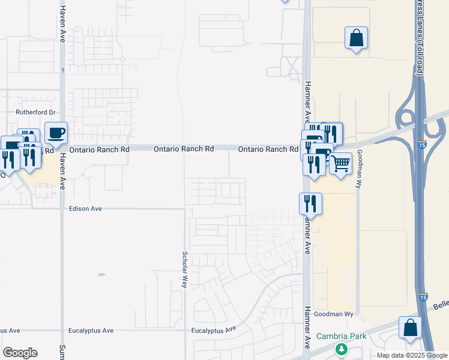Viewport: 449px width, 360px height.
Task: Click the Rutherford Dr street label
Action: [35, 112]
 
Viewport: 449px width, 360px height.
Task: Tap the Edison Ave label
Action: [85, 209]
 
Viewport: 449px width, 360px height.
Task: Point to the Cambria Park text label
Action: [341, 336]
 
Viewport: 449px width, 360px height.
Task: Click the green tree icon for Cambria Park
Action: [342, 348]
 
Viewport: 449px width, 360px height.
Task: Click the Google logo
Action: [20, 353]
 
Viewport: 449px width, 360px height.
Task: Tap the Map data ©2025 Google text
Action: [412, 355]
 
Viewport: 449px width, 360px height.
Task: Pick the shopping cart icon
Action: [340, 163]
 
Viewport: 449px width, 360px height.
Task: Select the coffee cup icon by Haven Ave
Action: [56, 133]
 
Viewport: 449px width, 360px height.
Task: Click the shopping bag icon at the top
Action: [357, 38]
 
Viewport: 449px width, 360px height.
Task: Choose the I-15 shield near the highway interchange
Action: [423, 144]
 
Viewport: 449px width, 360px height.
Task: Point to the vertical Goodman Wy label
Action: [359, 169]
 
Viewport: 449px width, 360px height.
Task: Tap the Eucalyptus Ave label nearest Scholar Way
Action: [212, 331]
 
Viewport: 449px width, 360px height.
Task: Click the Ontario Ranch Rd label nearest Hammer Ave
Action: [268, 149]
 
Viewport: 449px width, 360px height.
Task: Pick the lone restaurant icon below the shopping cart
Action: [311, 205]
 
